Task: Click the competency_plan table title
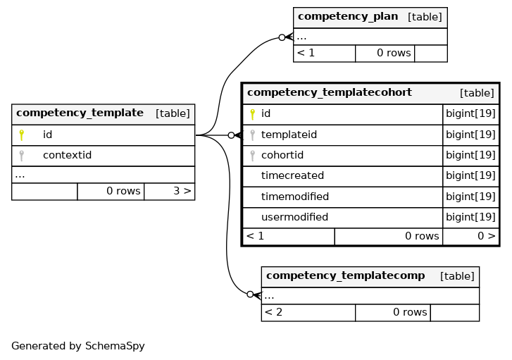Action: click(348, 16)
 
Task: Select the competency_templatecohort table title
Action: click(330, 92)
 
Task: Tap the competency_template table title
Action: click(80, 113)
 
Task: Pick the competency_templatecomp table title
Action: click(346, 275)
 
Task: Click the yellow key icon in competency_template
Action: click(22, 135)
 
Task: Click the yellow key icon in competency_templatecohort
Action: click(252, 114)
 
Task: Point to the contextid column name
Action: click(68, 155)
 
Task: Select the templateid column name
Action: click(289, 135)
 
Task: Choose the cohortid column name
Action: click(282, 155)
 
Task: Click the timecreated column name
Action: click(292, 175)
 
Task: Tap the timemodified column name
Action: click(295, 197)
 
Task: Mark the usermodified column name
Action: click(294, 217)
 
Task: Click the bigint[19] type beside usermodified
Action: click(470, 217)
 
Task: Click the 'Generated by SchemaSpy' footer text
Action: click(78, 346)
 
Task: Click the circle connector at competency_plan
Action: click(282, 37)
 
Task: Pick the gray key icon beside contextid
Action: click(22, 156)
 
